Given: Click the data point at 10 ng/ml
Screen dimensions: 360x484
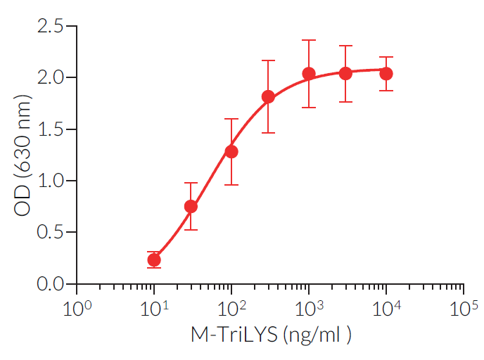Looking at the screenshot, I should [154, 260].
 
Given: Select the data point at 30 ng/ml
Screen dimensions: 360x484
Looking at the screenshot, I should [191, 206].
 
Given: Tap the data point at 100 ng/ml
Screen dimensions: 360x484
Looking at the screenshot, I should [231, 151].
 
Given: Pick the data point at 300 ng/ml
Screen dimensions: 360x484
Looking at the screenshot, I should [268, 96].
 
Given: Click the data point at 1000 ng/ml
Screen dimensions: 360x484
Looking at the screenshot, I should [308, 73].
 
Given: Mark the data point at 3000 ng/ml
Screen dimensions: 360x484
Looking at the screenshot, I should [345, 73].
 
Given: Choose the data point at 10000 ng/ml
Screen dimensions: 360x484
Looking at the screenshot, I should [386, 73].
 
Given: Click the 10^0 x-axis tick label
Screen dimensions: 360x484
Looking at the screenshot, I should [75, 309].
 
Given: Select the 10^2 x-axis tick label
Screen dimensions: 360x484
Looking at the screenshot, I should [230, 309].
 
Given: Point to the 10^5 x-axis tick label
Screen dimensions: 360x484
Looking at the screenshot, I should [463, 309].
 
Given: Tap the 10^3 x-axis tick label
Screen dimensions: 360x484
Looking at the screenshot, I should [307, 309].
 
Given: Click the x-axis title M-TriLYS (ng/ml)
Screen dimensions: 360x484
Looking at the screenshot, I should [270, 336].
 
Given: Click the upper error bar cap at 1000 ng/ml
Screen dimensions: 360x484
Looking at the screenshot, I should [308, 40].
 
